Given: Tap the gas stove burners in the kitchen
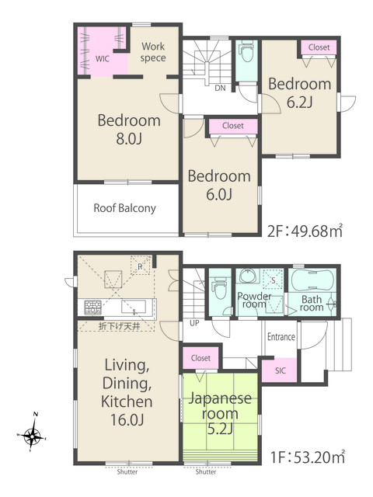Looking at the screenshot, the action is pyautogui.click(x=93, y=308).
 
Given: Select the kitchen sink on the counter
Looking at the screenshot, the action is pyautogui.click(x=134, y=308).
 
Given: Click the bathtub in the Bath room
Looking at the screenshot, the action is pyautogui.click(x=312, y=280).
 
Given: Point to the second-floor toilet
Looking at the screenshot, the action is pyautogui.click(x=246, y=52).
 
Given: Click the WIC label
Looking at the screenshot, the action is pyautogui.click(x=102, y=59).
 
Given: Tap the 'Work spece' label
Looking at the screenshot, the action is pyautogui.click(x=153, y=52).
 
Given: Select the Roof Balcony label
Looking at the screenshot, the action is pyautogui.click(x=124, y=208).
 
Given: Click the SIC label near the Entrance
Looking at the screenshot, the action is pyautogui.click(x=280, y=370).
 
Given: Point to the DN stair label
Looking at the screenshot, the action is pyautogui.click(x=220, y=88).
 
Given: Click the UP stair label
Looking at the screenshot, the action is pyautogui.click(x=194, y=323).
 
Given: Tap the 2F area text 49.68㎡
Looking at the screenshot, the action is pyautogui.click(x=305, y=231).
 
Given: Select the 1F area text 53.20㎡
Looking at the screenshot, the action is pyautogui.click(x=308, y=457).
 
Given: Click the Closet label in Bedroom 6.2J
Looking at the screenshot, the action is pyautogui.click(x=319, y=47).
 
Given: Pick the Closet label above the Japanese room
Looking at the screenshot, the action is pyautogui.click(x=200, y=358).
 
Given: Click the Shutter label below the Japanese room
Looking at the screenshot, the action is pyautogui.click(x=205, y=472).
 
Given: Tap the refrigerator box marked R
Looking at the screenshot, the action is pyautogui.click(x=140, y=266).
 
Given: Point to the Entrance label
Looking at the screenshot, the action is pyautogui.click(x=281, y=336).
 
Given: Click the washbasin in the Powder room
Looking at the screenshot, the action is pyautogui.click(x=249, y=276).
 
